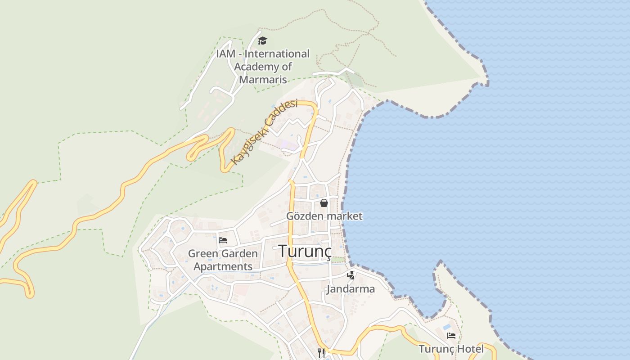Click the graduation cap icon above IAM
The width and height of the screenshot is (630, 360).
pos(262,41)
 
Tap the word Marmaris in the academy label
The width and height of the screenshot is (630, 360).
pos(263,80)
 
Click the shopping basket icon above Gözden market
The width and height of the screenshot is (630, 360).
pos(324,203)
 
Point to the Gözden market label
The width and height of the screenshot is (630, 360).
pos(324,216)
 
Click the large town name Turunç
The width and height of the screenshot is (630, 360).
pos(305,251)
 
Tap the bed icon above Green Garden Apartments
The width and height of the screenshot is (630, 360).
pos(223,240)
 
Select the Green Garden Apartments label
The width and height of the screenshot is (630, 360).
pos(223,260)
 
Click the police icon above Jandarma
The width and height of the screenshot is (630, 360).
pos(351,275)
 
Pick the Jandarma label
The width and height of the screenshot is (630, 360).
pos(351,289)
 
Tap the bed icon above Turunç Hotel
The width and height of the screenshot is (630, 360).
pos(451,336)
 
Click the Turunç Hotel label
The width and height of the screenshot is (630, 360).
pos(451,349)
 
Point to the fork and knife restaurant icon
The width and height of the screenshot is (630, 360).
pos(321,353)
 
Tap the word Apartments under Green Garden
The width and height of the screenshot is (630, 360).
pos(223,266)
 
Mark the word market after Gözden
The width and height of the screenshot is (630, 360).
pos(344,216)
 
